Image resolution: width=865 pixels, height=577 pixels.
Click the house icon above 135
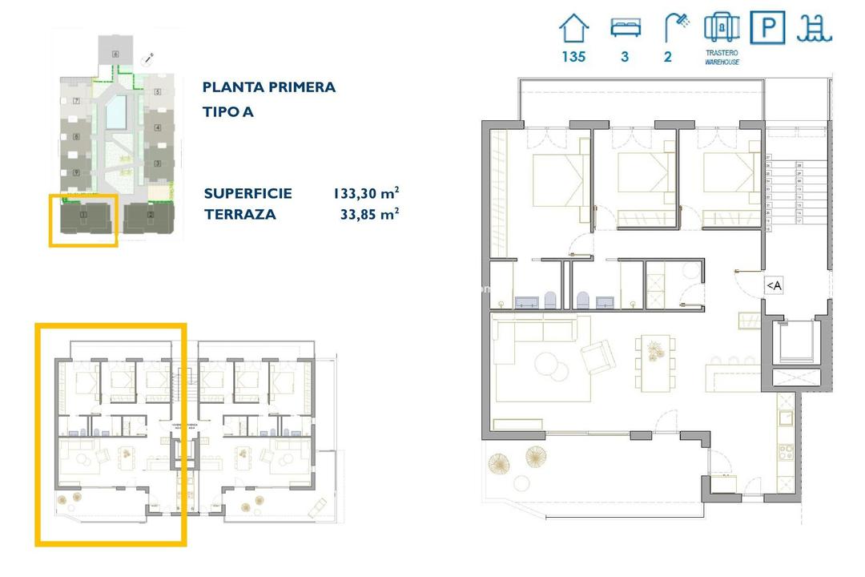(573, 28)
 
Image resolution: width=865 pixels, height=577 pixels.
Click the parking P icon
(767, 27)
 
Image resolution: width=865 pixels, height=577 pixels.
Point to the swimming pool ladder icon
(815, 28)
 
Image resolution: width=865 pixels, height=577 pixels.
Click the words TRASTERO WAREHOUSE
(722, 57)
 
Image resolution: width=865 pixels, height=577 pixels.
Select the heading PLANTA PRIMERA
(269, 87)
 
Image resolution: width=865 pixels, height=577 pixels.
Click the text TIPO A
(228, 112)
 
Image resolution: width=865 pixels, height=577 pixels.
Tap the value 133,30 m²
(366, 193)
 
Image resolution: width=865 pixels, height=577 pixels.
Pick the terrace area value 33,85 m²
(369, 214)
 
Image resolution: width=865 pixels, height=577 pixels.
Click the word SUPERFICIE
(247, 193)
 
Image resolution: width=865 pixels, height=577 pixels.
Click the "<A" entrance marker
(774, 284)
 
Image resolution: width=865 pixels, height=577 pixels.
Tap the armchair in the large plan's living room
(597, 357)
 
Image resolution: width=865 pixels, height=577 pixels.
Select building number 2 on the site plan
(151, 215)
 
